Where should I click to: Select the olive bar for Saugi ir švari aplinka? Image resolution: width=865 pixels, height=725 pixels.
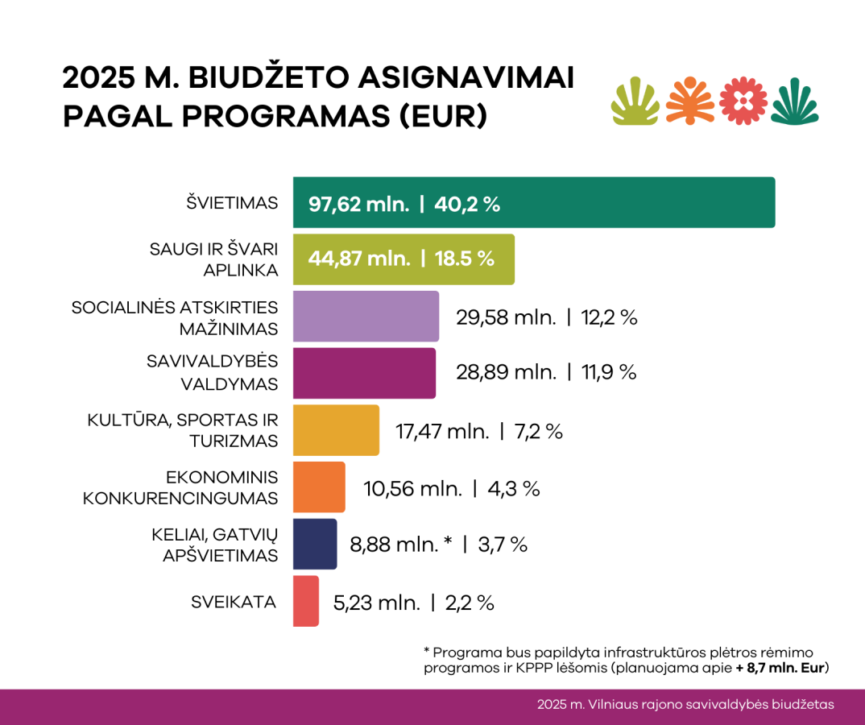[x=403, y=259]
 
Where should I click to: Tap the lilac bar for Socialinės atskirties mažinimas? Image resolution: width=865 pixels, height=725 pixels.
[x=366, y=317]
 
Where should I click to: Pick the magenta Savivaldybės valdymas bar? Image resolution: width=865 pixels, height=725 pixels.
[x=364, y=373]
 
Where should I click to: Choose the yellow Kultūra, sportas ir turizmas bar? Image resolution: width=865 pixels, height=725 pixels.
[x=335, y=430]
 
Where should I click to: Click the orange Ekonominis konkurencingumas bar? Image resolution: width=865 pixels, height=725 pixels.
[x=319, y=487]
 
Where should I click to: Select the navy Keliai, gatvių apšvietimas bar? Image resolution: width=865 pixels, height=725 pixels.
[x=315, y=545]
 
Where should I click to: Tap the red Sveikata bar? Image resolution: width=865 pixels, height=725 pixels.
[x=306, y=601]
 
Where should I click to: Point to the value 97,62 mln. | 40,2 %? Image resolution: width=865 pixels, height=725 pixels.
[x=404, y=204]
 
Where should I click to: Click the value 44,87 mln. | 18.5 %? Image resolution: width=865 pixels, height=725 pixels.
[x=401, y=259]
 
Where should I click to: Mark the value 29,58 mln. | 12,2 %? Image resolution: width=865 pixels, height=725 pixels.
[x=547, y=317]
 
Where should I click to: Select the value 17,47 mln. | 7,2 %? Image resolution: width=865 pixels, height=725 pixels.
[x=479, y=431]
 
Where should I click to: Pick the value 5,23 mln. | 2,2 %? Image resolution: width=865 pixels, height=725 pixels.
[x=413, y=603]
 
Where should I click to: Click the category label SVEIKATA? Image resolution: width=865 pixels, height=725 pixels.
[x=234, y=602]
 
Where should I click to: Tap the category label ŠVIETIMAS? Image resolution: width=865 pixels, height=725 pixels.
[x=231, y=203]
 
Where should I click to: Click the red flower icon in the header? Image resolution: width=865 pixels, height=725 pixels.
[x=743, y=101]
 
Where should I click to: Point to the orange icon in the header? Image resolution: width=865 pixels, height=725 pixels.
[x=690, y=101]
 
